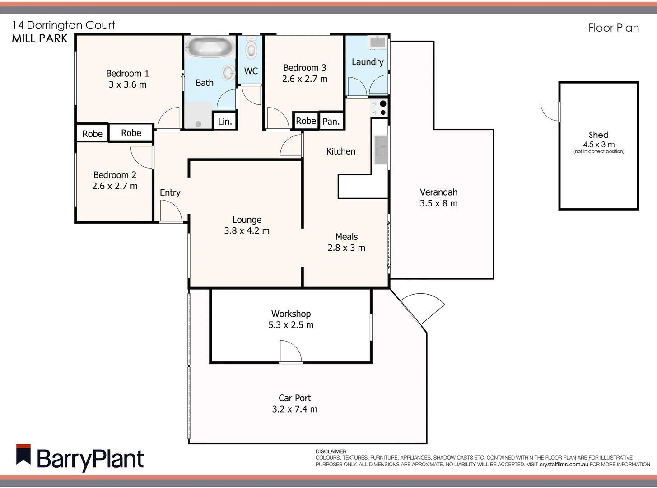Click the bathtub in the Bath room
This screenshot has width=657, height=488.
coord(210,47)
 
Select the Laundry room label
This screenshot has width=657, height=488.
coord(367,62)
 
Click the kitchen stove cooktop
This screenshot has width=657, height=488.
coord(379,108)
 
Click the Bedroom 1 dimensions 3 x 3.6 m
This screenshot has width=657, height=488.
coord(127,84)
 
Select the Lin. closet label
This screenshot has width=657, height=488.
coord(225,122)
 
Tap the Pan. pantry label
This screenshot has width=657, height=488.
coord(331,122)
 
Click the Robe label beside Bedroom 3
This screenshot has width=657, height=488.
coord(306,121)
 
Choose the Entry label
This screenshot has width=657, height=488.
coord(170,192)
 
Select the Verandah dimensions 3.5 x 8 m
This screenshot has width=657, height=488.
coord(438,203)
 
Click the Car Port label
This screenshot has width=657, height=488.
coord(294,398)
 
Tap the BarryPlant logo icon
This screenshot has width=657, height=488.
coord(23,455)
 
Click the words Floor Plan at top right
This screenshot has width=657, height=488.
coord(613,28)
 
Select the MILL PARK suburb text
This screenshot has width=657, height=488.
coord(40,39)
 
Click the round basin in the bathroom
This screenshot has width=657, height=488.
coord(228,72)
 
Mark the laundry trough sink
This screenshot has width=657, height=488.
coord(377,42)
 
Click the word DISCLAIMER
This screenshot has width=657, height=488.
coord(331,451)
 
